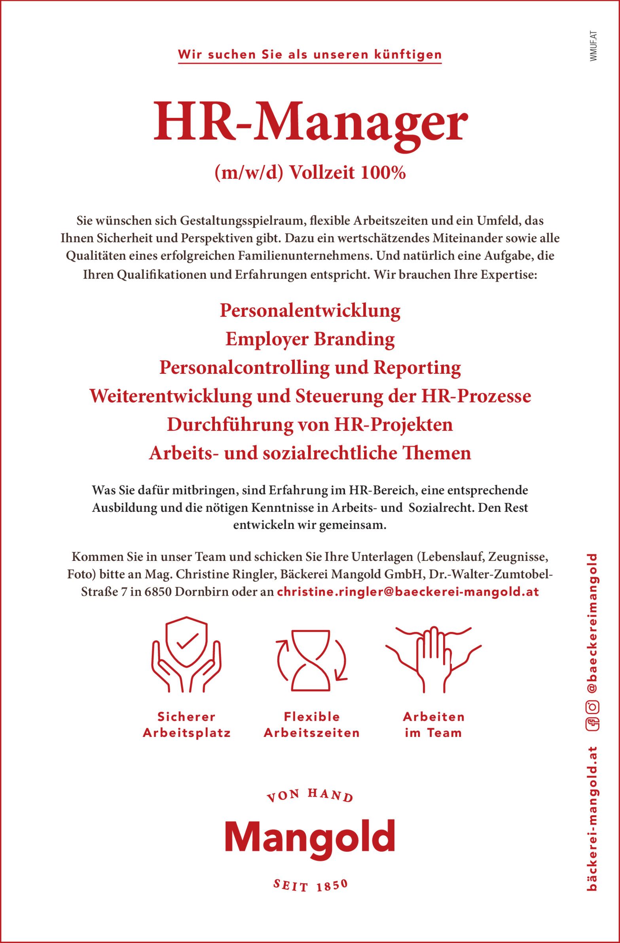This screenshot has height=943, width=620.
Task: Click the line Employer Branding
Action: pos(310,339)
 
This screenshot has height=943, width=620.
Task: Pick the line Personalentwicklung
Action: pos(310,311)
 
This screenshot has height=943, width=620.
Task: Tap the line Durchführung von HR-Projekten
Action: pos(310,425)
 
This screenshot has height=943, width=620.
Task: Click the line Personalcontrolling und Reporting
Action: pos(310,368)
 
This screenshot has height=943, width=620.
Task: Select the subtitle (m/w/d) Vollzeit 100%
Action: pos(310,174)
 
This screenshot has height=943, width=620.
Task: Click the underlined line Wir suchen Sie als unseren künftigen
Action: pos(310,55)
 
